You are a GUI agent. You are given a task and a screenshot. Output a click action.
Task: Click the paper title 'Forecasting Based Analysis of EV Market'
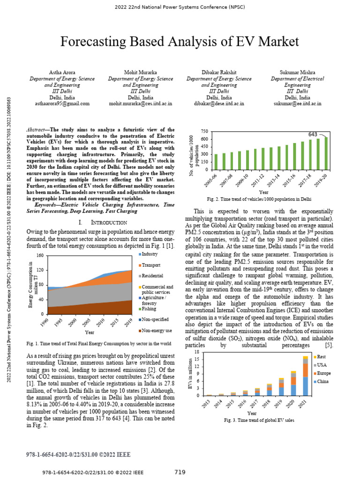pyautogui.click(x=180, y=42)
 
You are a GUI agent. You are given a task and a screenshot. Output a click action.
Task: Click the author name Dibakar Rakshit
pyautogui.click(x=219, y=73)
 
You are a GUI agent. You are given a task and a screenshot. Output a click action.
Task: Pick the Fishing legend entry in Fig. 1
pyautogui.click(x=149, y=309)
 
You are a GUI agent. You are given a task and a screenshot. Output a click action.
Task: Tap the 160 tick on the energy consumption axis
pyautogui.click(x=40, y=255)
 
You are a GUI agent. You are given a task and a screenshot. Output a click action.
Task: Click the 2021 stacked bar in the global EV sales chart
pyautogui.click(x=305, y=375)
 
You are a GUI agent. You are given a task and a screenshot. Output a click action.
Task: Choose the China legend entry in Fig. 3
pyautogui.click(x=323, y=382)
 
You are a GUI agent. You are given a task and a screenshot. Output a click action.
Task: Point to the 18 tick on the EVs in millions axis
pyautogui.click(x=197, y=352)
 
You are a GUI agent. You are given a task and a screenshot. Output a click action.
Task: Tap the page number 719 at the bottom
pyautogui.click(x=180, y=472)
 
